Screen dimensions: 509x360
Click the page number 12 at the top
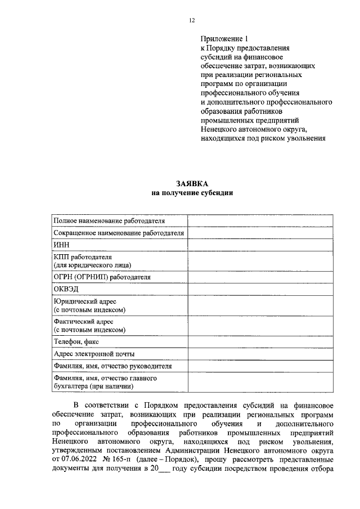pos(191,20)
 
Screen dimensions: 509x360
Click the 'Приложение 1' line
pos(224,39)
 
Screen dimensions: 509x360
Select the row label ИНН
pos(60,245)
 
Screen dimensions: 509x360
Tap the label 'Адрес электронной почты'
pos(94,354)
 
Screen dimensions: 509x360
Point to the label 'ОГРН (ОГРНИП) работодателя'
pos(102,277)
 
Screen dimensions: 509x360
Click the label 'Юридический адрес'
pos(85,301)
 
